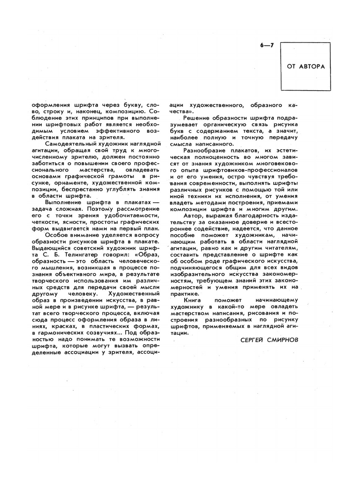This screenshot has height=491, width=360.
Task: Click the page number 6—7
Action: tap(267, 45)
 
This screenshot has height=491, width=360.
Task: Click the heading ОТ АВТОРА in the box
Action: tap(306, 67)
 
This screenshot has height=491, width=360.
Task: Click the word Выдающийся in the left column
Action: tap(49, 248)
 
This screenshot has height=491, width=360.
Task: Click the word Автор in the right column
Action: tap(193, 216)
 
